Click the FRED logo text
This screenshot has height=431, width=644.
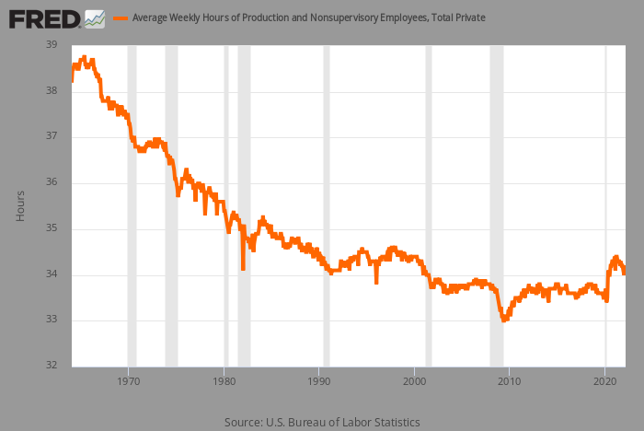(x=45, y=19)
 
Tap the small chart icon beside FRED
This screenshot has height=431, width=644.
(x=95, y=19)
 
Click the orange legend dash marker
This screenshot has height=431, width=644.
(x=121, y=18)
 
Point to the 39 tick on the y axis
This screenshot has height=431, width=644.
(x=52, y=44)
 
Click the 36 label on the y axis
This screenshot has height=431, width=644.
(x=52, y=181)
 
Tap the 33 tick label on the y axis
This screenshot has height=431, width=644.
(x=52, y=320)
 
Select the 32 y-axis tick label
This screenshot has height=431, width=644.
(x=52, y=365)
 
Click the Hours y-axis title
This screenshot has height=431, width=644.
(x=20, y=206)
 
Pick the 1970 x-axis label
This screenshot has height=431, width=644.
(x=128, y=381)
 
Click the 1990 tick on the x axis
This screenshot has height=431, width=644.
(x=319, y=381)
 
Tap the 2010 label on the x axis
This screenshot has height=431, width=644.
(x=510, y=381)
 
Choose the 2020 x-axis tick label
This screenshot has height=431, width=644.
(x=605, y=381)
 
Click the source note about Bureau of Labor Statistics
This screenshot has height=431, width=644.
(x=322, y=423)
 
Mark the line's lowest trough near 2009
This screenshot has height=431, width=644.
(x=504, y=320)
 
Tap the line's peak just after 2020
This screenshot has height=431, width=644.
(x=615, y=257)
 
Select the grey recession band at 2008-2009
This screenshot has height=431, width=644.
(x=497, y=206)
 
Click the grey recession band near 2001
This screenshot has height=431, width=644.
(x=429, y=206)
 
